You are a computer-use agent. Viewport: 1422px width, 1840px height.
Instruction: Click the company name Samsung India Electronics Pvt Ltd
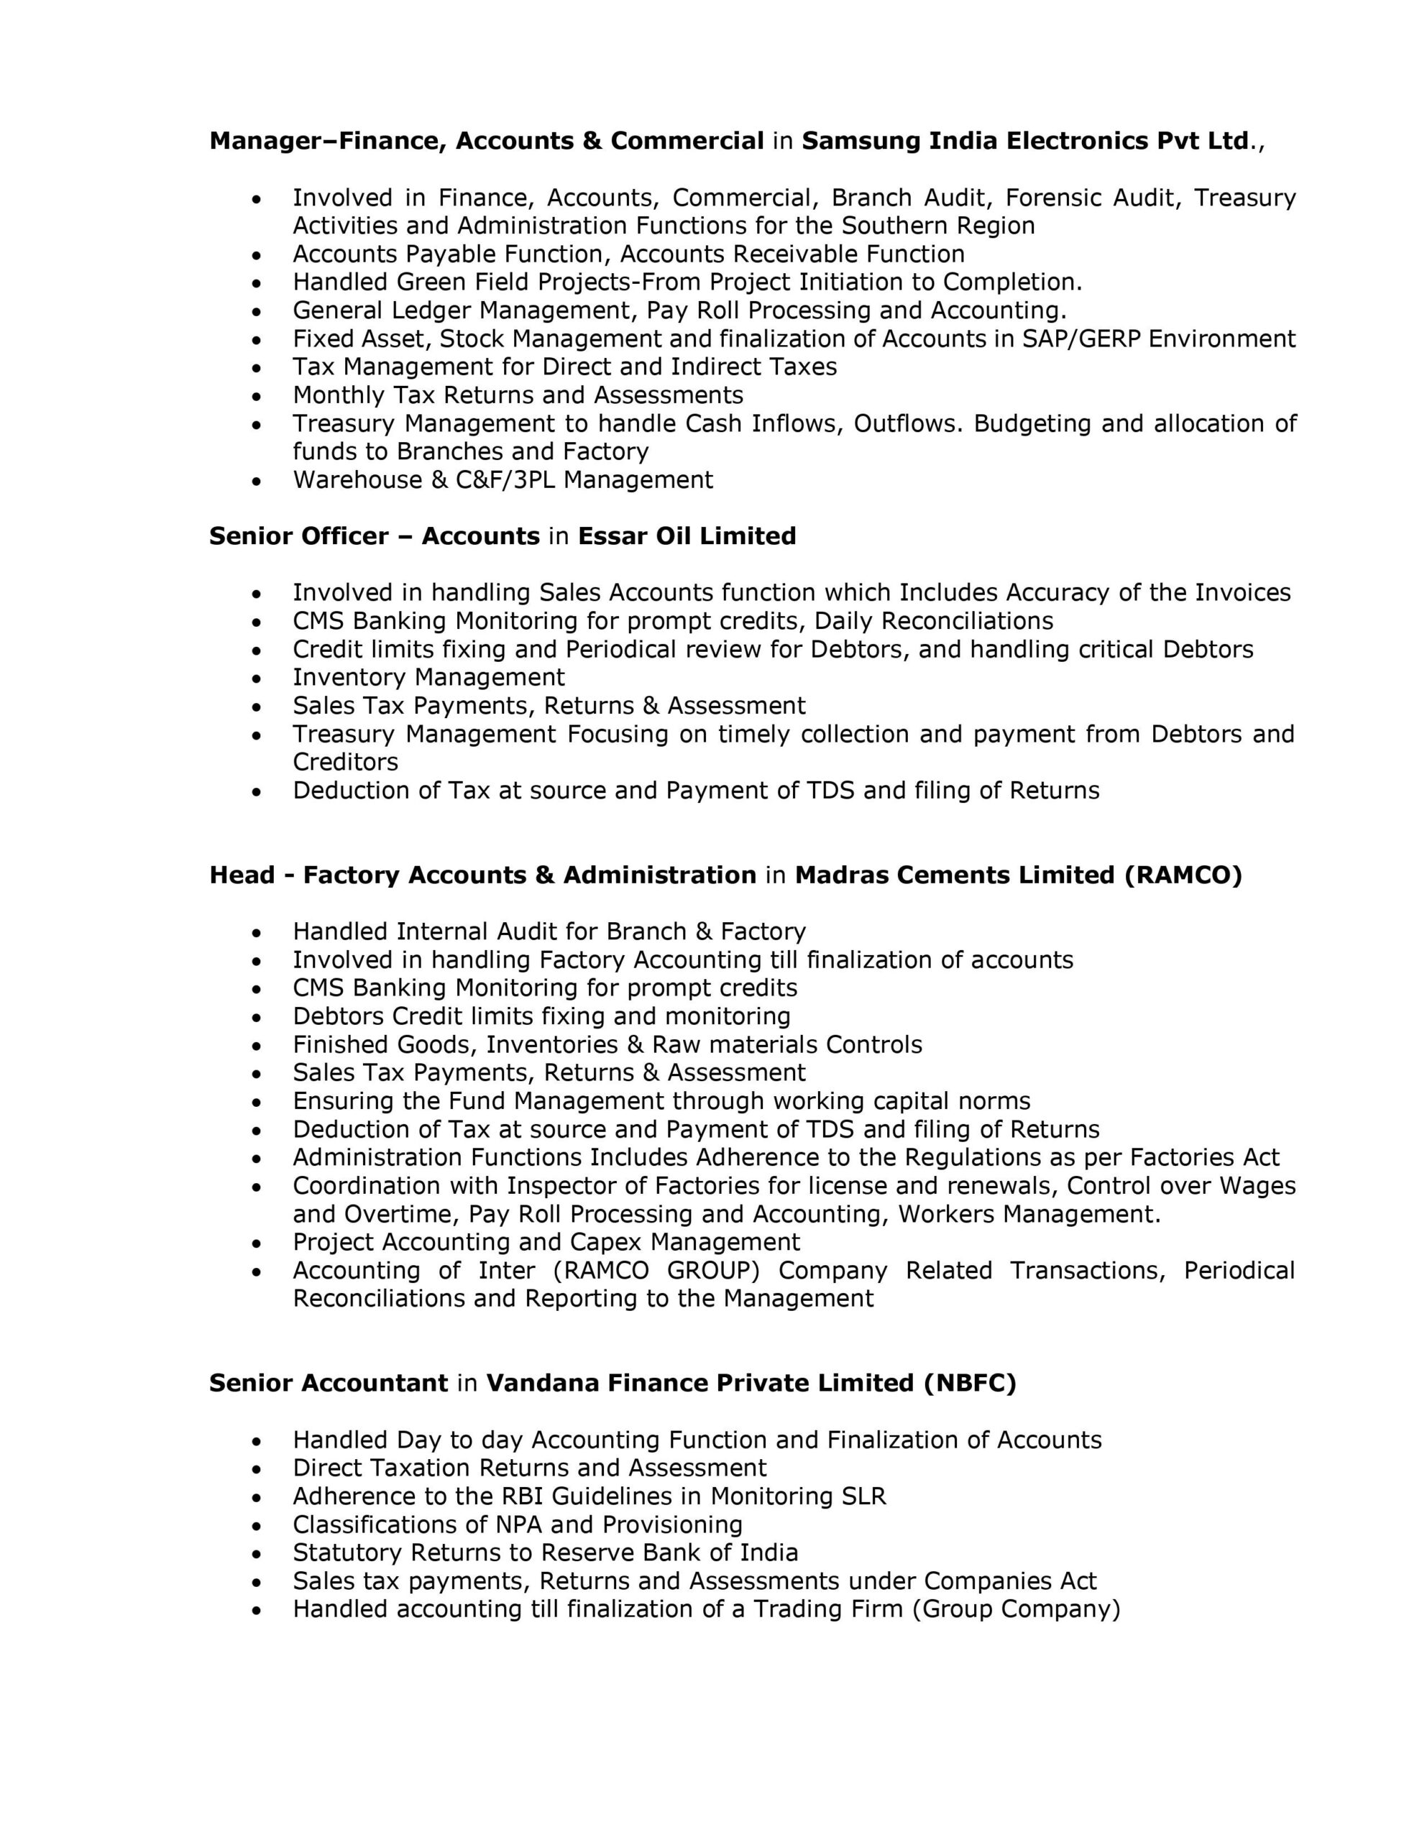(1025, 141)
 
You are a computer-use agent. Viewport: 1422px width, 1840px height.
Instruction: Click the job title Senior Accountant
(328, 1384)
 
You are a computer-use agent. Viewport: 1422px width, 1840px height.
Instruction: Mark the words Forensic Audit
(1093, 198)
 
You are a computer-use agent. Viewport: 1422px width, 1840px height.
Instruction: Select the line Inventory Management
(428, 677)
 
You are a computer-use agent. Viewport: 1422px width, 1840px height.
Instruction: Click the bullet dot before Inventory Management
(257, 679)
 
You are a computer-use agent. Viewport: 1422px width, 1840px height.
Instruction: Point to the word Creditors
(346, 763)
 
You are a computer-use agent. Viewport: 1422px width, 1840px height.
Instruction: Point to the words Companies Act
(1010, 1581)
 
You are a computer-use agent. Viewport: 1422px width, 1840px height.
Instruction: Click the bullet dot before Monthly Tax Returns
(257, 397)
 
